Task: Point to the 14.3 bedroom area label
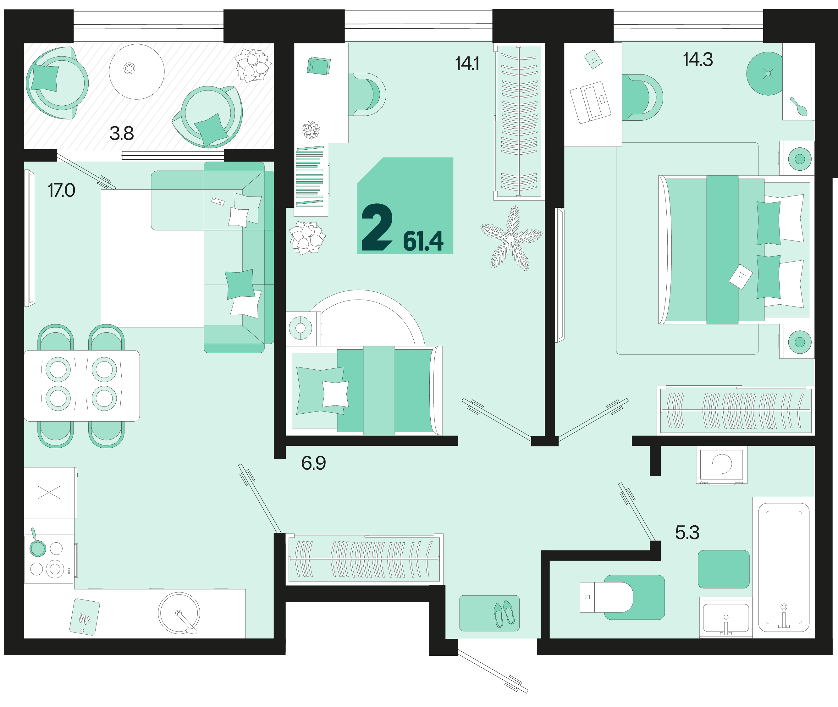click(x=698, y=60)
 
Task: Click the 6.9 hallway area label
click(x=313, y=463)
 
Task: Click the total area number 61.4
click(x=423, y=241)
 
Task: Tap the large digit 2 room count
click(x=377, y=227)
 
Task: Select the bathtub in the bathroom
click(x=784, y=567)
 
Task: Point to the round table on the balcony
click(x=137, y=71)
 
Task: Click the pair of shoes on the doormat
click(x=504, y=614)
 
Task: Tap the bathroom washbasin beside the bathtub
click(x=726, y=617)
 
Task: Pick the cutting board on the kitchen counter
click(x=84, y=617)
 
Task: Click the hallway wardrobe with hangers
click(x=364, y=559)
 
